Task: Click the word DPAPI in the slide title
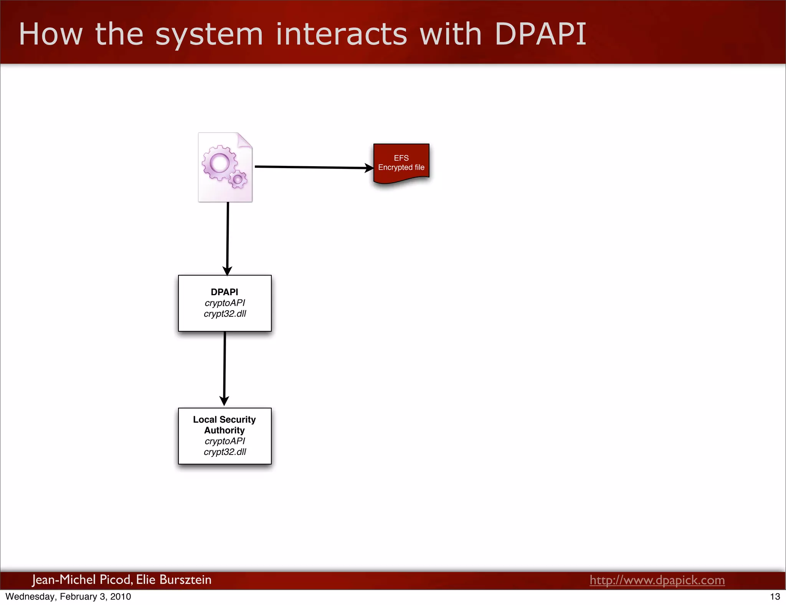point(540,35)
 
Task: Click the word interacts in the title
point(341,35)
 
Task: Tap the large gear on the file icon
point(220,163)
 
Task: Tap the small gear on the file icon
point(238,179)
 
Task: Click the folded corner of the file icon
point(244,140)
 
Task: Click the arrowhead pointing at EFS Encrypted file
point(369,168)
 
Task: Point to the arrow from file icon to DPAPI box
point(228,238)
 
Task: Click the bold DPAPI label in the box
point(225,292)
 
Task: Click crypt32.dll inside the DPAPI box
point(225,314)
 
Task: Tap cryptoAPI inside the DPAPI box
point(225,303)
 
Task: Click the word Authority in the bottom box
point(225,430)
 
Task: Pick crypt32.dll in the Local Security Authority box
point(225,452)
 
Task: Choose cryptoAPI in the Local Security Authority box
point(225,441)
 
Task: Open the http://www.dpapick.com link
point(657,580)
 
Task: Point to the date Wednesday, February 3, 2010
point(68,597)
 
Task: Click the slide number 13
point(775,597)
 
